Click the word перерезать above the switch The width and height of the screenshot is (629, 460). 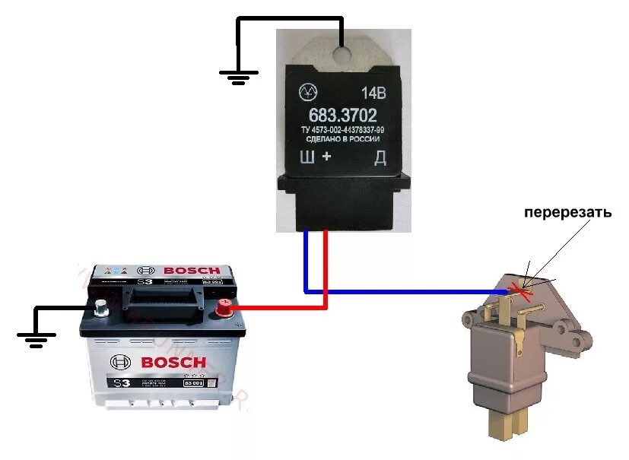[x=567, y=214]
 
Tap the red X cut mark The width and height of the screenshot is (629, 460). [x=522, y=289]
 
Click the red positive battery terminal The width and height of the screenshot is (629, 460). [x=224, y=307]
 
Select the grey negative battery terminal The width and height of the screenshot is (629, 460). [x=100, y=307]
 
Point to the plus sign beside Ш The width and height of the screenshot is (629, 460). [x=327, y=157]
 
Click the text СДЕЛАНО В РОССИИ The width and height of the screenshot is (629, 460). [x=343, y=141]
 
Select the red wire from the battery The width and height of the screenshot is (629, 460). [x=281, y=308]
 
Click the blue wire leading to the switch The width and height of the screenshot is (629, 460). [x=403, y=291]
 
